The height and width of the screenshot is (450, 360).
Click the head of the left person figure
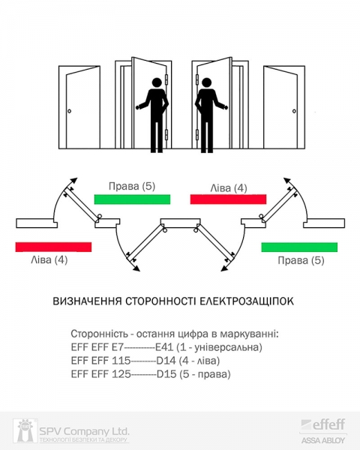tap(157, 82)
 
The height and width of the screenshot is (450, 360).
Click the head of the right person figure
tap(206, 82)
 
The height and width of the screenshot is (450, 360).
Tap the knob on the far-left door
tap(69, 111)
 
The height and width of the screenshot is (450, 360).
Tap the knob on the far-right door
tap(294, 111)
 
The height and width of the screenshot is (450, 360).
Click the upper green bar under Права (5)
tap(132, 199)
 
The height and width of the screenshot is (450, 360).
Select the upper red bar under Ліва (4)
tap(228, 199)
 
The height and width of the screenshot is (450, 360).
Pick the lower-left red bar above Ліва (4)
tap(54, 247)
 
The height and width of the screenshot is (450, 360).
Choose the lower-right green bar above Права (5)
tap(299, 247)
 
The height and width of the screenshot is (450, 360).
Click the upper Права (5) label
tap(132, 186)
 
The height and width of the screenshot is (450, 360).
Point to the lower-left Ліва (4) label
tap(49, 260)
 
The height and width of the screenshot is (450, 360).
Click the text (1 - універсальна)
tap(220, 347)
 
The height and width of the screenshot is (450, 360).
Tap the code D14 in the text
tap(166, 361)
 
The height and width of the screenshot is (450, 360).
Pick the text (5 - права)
tap(205, 374)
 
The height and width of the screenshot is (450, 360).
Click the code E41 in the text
tap(164, 347)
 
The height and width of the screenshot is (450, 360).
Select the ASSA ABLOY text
tap(323, 440)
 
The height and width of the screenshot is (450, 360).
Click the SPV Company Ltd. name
tap(84, 431)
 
